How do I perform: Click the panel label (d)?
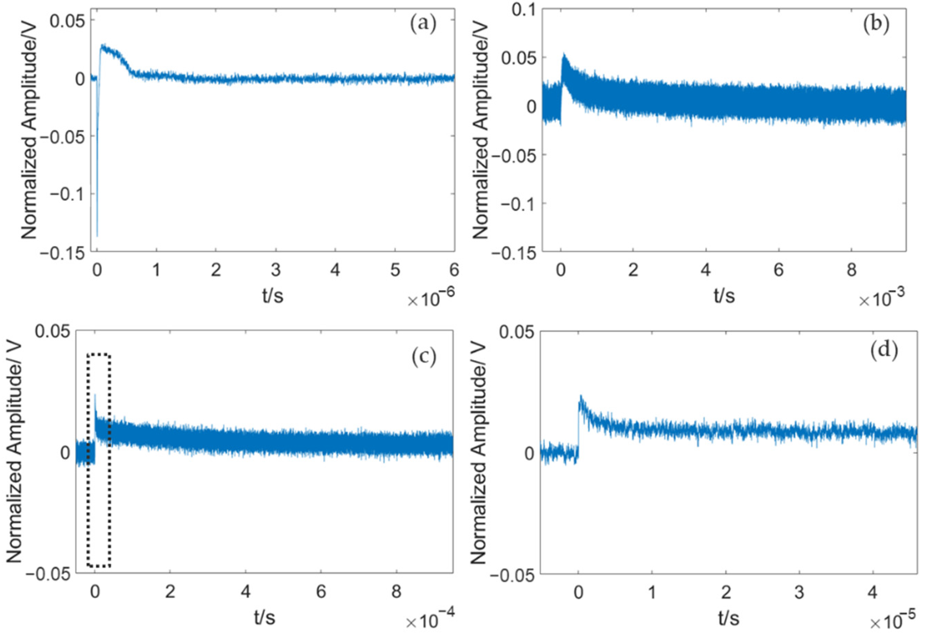click(x=884, y=351)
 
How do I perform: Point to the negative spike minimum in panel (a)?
click(x=97, y=236)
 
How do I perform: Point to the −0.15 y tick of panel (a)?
click(x=63, y=253)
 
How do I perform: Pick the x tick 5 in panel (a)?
click(x=395, y=270)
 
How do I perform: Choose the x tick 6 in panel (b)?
click(x=778, y=270)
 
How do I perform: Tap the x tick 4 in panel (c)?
click(x=246, y=592)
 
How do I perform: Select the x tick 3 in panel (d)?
click(x=799, y=592)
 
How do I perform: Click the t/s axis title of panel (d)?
click(x=728, y=618)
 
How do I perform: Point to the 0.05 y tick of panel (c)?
click(x=52, y=332)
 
